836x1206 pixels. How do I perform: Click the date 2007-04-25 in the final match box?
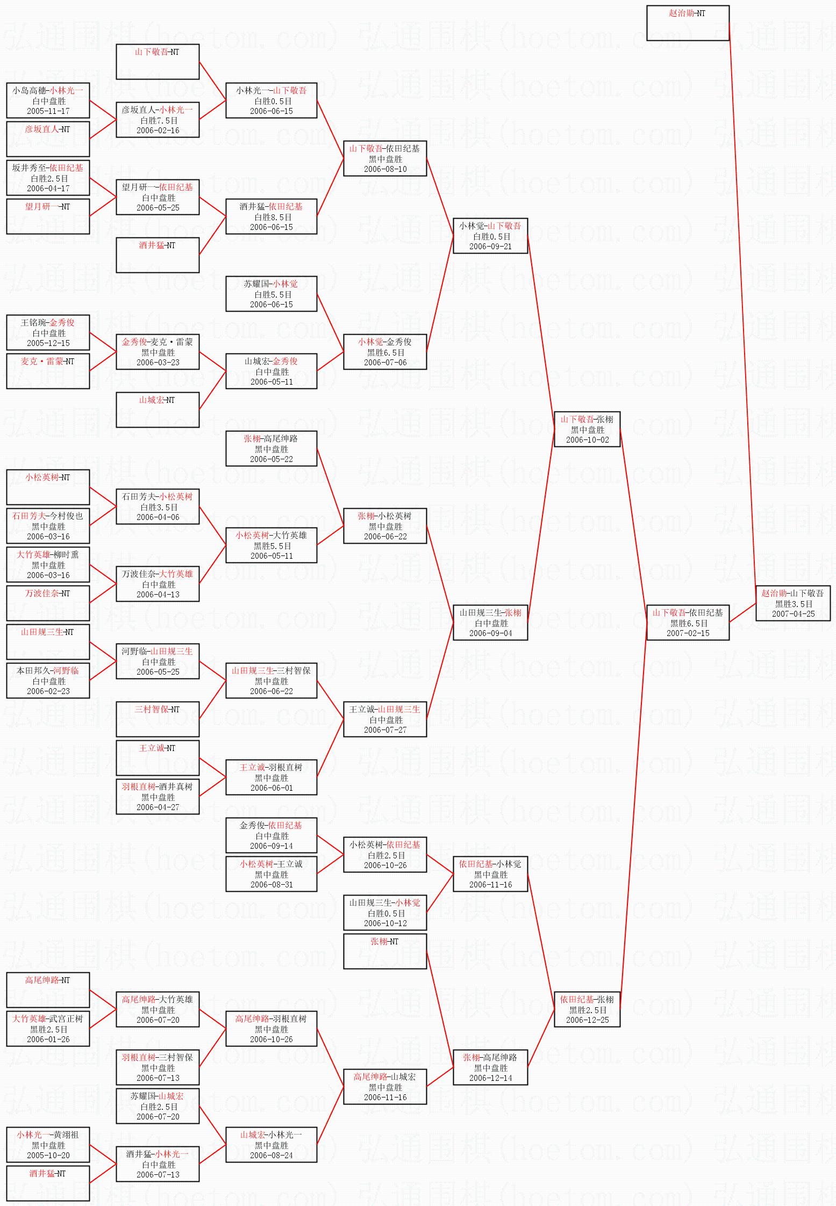pyautogui.click(x=793, y=613)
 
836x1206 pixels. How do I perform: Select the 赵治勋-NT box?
pyautogui.click(x=688, y=23)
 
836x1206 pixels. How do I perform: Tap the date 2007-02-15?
pyautogui.click(x=688, y=633)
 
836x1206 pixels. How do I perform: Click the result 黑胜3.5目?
pyautogui.click(x=793, y=603)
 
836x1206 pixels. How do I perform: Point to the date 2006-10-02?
pyautogui.click(x=587, y=439)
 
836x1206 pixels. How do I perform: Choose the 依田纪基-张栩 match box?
pyautogui.click(x=587, y=1009)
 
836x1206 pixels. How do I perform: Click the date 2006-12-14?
pyautogui.click(x=490, y=1078)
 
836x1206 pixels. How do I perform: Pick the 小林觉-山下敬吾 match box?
pyautogui.click(x=490, y=236)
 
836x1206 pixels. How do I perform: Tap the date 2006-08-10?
pyautogui.click(x=385, y=169)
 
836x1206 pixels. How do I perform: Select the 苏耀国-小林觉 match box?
pyautogui.click(x=271, y=294)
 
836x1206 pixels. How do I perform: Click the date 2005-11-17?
pyautogui.click(x=48, y=111)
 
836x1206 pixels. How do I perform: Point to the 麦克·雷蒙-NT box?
pyautogui.click(x=48, y=371)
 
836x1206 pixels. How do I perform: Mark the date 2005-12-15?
pyautogui.click(x=48, y=343)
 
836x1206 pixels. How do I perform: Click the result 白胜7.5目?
pyautogui.click(x=158, y=120)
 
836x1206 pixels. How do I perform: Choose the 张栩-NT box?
pyautogui.click(x=385, y=951)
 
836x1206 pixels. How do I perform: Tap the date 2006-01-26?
pyautogui.click(x=48, y=1039)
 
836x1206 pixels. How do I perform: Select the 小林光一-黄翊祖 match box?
pyautogui.click(x=48, y=1144)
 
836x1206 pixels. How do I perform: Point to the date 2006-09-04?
pyautogui.click(x=490, y=633)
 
